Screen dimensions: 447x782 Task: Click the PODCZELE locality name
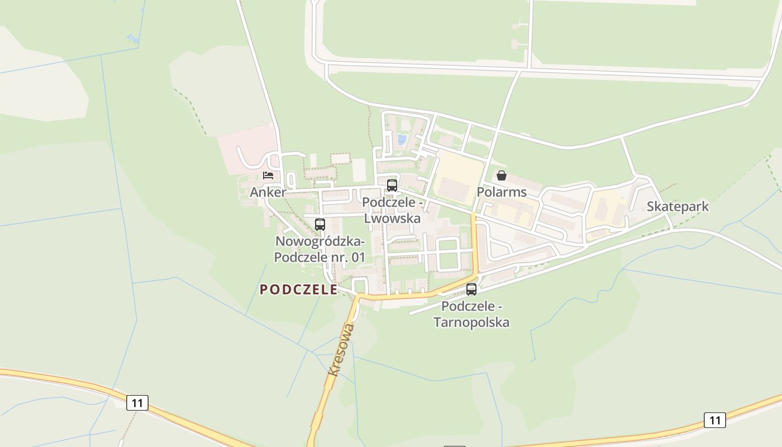tap(298, 289)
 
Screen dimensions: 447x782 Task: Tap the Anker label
tap(268, 192)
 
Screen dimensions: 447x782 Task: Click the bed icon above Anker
tap(268, 175)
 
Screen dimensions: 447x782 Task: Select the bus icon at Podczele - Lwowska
tap(392, 186)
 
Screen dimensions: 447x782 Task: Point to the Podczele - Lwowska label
tap(392, 210)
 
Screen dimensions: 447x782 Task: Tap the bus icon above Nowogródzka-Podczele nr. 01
tap(320, 225)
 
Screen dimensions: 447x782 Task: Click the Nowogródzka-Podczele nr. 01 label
tap(320, 249)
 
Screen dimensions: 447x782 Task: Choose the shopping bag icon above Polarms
tap(502, 175)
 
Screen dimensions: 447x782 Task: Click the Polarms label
tap(502, 192)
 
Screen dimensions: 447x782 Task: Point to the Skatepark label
tap(678, 207)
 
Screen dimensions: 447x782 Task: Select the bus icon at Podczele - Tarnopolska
tap(471, 289)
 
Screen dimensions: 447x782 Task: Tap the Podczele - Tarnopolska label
tap(471, 314)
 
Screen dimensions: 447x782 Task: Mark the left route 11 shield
tap(137, 402)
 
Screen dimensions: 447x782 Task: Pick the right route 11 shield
tap(714, 420)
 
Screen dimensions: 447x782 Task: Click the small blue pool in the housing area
tap(402, 139)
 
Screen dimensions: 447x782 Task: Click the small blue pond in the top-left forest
tap(133, 38)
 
